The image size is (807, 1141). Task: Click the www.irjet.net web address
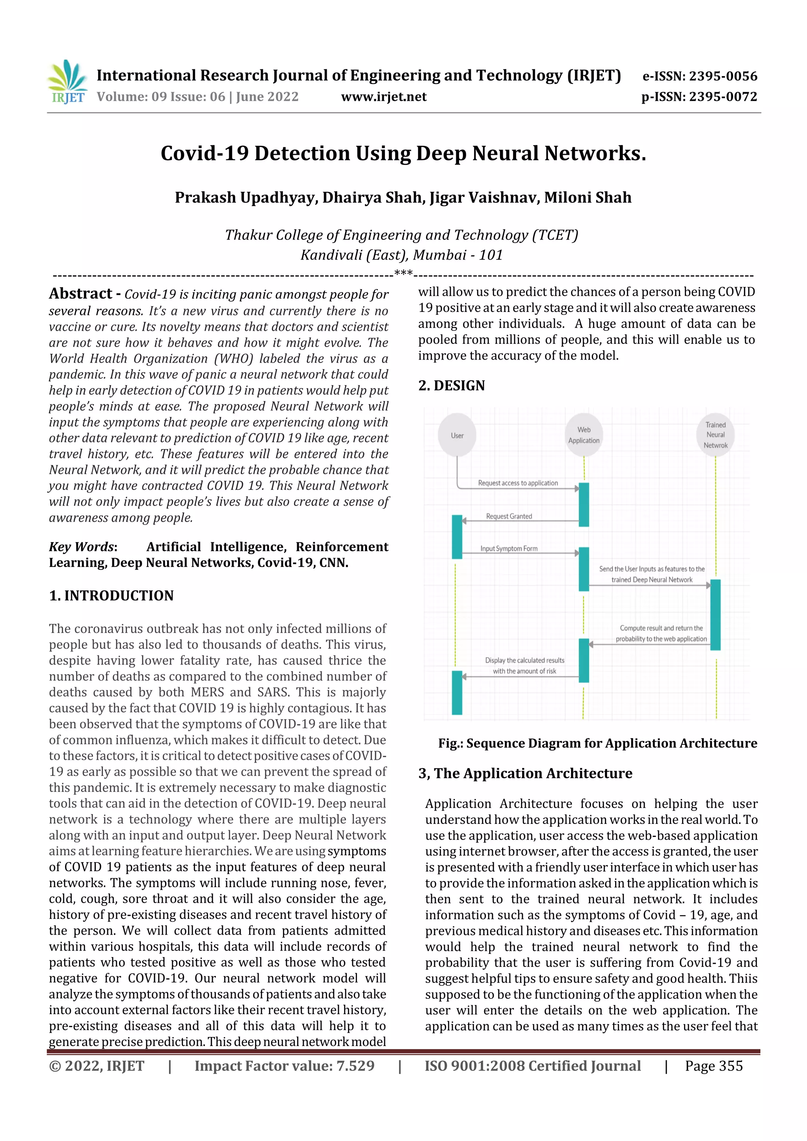[x=383, y=97]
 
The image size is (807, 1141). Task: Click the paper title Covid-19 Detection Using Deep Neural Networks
[x=403, y=154]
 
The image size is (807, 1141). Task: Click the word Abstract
[x=80, y=294]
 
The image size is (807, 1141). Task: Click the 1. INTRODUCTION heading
[x=112, y=596]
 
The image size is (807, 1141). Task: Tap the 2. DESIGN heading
[x=452, y=386]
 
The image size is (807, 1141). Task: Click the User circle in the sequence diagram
[x=457, y=435]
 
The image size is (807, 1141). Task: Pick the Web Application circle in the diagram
[x=584, y=435]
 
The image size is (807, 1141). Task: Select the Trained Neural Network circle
[x=715, y=435]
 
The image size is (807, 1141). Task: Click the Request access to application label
[x=518, y=483]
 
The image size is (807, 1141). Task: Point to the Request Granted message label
[x=509, y=516]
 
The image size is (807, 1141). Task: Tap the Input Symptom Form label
[x=509, y=549]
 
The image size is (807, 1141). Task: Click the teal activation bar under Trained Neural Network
[x=715, y=615]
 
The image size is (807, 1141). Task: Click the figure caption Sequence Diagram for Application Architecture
[x=597, y=744]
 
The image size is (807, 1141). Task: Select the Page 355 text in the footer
[x=714, y=1066]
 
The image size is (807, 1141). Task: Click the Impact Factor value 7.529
[x=284, y=1066]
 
